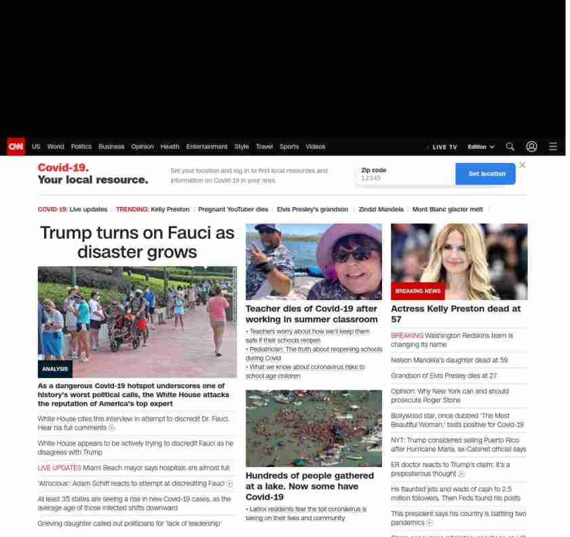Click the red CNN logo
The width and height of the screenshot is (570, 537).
(x=16, y=147)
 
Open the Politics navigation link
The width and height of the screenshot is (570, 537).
(x=81, y=147)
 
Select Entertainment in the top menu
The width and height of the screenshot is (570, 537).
(x=207, y=147)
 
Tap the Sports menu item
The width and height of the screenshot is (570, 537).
(x=289, y=147)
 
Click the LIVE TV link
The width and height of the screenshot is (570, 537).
(x=444, y=147)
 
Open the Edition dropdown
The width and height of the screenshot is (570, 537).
(x=480, y=147)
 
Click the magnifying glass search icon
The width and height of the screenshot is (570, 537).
(x=510, y=147)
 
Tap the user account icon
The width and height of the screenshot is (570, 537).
(x=531, y=147)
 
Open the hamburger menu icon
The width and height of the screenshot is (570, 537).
(x=553, y=147)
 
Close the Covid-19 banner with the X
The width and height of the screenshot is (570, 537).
(x=522, y=165)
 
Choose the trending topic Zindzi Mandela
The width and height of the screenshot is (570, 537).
(x=381, y=210)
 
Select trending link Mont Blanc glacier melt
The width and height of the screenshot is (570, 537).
(x=447, y=210)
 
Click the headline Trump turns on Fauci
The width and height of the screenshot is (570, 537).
(x=137, y=242)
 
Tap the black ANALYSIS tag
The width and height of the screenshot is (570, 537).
(x=55, y=369)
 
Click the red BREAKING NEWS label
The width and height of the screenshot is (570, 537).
(x=417, y=291)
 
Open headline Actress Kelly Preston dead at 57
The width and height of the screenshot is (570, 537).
(x=455, y=314)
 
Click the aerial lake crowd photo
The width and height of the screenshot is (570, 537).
(x=313, y=428)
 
